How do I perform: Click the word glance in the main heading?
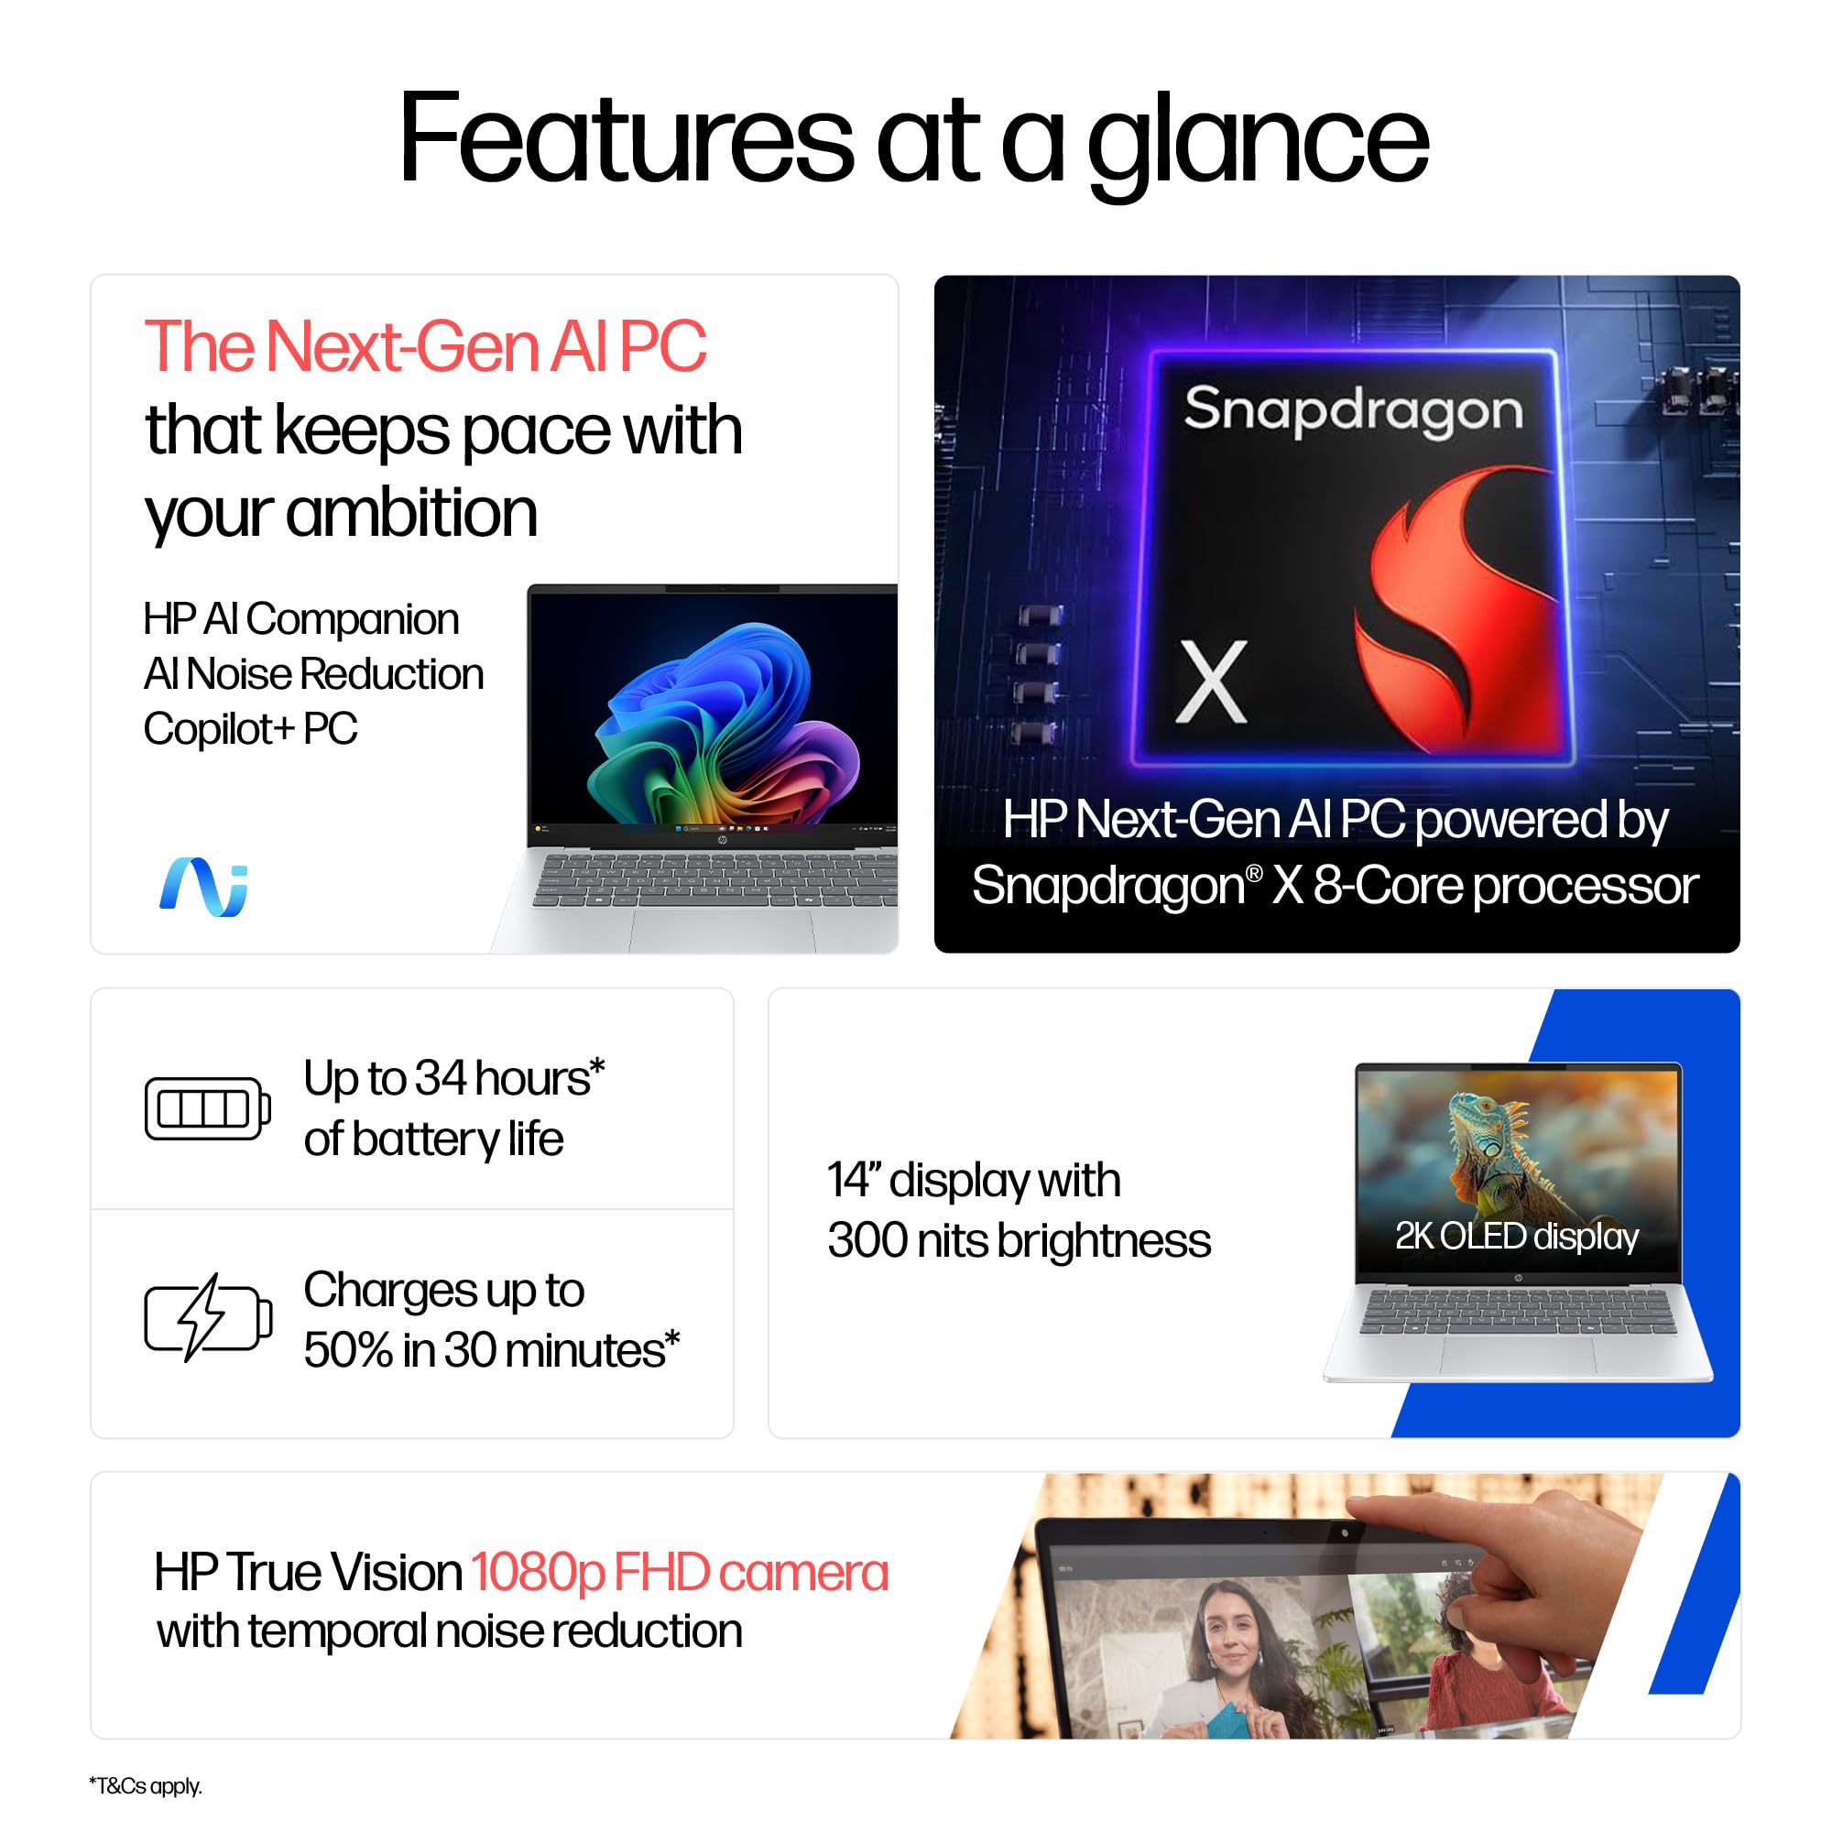point(1258,142)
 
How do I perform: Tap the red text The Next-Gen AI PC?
point(425,347)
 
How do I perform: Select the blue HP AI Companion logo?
point(204,887)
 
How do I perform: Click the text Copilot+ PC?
point(250,729)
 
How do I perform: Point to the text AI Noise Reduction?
point(314,674)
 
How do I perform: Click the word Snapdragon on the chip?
point(1353,409)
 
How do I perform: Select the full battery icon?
point(208,1108)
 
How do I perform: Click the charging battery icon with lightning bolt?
point(208,1317)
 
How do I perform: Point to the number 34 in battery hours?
point(441,1079)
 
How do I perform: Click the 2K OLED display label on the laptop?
point(1516,1237)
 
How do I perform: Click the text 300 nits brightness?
point(1020,1240)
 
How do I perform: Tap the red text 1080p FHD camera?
point(680,1572)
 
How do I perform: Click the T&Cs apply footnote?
point(145,1786)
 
